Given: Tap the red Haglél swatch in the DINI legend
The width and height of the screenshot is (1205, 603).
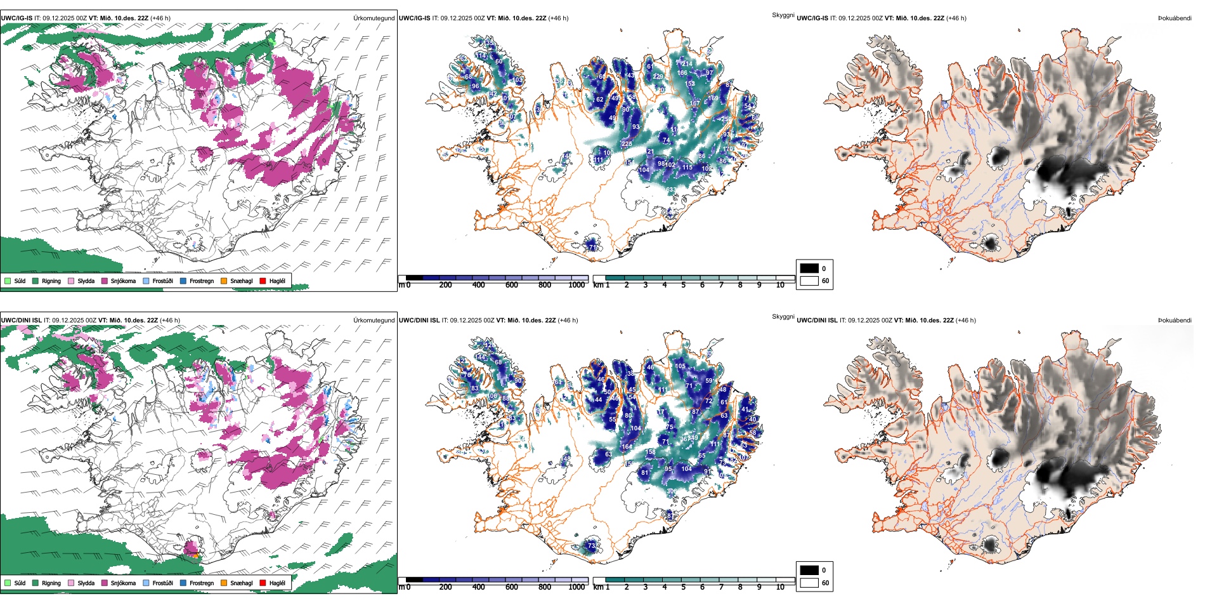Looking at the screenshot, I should [x=263, y=583].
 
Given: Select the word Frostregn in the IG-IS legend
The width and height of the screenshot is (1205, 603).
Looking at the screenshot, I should [x=201, y=281].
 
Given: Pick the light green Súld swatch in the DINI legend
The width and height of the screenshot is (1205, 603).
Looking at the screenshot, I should [x=8, y=583].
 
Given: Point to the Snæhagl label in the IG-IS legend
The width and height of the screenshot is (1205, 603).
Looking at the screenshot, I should [x=241, y=281].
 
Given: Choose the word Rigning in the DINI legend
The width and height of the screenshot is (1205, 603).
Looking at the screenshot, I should [x=51, y=583].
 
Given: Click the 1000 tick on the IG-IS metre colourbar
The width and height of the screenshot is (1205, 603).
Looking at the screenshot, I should [x=576, y=285].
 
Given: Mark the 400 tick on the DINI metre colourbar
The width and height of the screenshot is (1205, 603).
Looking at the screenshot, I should [x=478, y=587].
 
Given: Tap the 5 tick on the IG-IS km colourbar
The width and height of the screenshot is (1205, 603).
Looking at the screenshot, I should [x=683, y=285].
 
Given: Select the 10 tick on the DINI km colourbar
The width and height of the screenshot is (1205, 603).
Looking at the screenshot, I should [x=780, y=587].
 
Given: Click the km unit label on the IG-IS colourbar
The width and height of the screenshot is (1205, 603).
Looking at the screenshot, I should [x=598, y=285].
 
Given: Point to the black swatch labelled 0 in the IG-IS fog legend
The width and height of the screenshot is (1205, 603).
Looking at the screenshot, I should [x=809, y=268].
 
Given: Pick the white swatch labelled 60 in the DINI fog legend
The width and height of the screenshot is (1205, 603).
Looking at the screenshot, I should [x=809, y=583].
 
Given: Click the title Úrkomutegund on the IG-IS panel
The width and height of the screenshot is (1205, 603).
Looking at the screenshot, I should [x=374, y=18].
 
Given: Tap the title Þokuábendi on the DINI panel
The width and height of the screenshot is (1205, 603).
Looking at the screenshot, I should [x=1175, y=321].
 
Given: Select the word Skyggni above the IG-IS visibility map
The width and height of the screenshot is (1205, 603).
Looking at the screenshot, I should [x=783, y=15].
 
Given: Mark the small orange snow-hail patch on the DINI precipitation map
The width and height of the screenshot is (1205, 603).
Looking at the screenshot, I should [x=197, y=555].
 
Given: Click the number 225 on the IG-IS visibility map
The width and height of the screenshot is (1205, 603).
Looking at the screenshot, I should [x=627, y=144].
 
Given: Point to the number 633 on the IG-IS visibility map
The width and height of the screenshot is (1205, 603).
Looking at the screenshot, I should [x=670, y=190].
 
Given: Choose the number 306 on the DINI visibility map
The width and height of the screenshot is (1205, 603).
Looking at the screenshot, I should [x=672, y=491].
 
